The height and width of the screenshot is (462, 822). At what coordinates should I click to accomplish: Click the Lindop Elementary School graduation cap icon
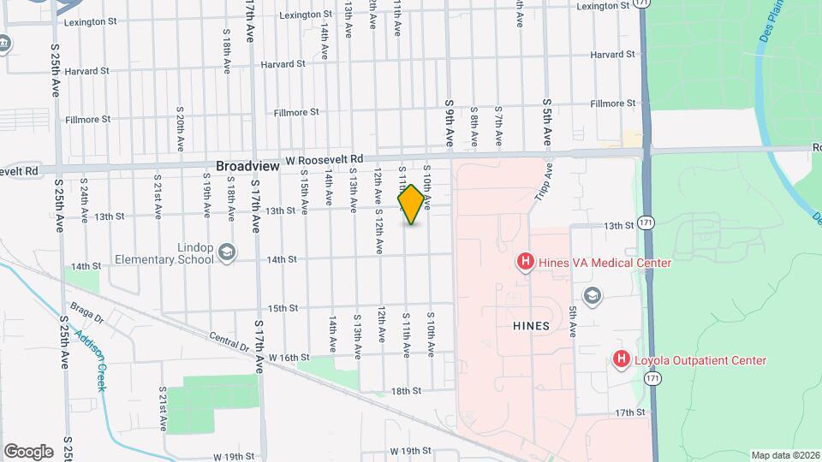click(226, 252)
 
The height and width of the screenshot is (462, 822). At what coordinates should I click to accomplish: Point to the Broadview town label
click(247, 166)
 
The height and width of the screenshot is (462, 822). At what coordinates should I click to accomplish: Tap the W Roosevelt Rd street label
click(325, 160)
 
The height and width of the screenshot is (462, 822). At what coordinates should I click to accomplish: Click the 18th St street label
click(407, 391)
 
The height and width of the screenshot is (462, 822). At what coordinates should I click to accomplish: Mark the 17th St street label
click(629, 412)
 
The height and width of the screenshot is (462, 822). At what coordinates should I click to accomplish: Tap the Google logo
click(28, 452)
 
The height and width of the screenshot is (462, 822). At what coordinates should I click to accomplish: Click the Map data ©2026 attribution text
click(784, 455)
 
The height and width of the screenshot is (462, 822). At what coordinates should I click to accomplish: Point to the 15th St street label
click(282, 308)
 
